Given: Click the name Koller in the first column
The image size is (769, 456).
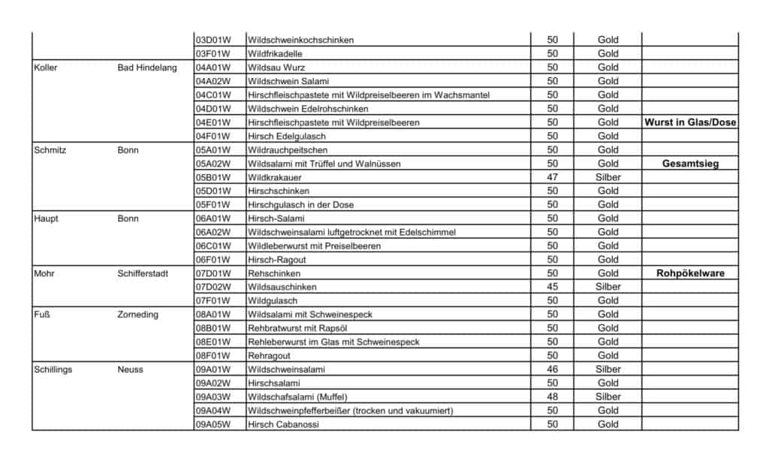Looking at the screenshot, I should click(46, 68).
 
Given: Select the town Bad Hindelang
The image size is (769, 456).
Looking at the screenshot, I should click(147, 68).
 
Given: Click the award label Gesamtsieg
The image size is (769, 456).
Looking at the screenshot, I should click(690, 163).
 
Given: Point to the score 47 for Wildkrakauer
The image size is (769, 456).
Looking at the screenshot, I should click(552, 177).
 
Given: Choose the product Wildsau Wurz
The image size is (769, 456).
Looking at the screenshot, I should click(276, 68).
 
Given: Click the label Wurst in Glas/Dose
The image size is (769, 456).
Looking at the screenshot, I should click(690, 122).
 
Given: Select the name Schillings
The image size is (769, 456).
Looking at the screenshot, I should click(54, 369).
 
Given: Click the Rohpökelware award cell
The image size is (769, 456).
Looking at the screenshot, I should click(690, 273).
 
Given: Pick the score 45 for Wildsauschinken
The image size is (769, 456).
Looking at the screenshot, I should click(552, 287).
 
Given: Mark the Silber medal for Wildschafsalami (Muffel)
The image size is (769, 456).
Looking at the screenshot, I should click(608, 397).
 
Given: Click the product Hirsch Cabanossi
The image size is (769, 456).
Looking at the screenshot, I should click(283, 424).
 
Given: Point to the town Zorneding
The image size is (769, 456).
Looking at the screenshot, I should click(138, 314).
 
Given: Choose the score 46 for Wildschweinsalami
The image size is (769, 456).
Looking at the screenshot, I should click(552, 369).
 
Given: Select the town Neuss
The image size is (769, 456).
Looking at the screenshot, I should click(130, 369).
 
